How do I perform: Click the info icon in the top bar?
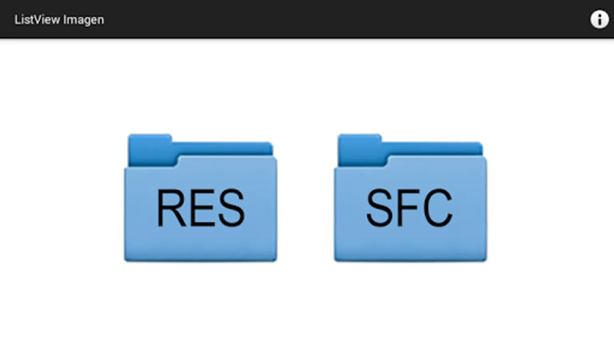[x=600, y=20]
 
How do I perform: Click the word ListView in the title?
[x=37, y=20]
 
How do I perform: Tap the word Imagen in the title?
[x=84, y=20]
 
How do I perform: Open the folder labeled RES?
[x=201, y=198]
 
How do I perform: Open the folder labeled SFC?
[x=411, y=198]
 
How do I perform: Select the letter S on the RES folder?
[x=231, y=208]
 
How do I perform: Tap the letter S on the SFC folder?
[x=380, y=208]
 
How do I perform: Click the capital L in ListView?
[x=17, y=20]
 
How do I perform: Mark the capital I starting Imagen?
[x=64, y=20]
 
